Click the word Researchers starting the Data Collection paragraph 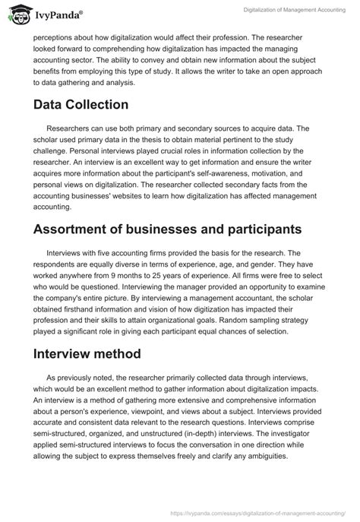[70, 130]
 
